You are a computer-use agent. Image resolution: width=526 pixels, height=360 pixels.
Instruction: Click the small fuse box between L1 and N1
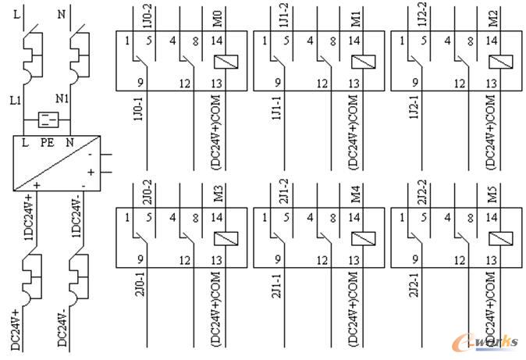tap(48, 119)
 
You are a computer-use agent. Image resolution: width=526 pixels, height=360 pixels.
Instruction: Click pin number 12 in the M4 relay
tap(323, 260)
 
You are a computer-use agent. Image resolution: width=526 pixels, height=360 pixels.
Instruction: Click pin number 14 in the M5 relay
tap(493, 218)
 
